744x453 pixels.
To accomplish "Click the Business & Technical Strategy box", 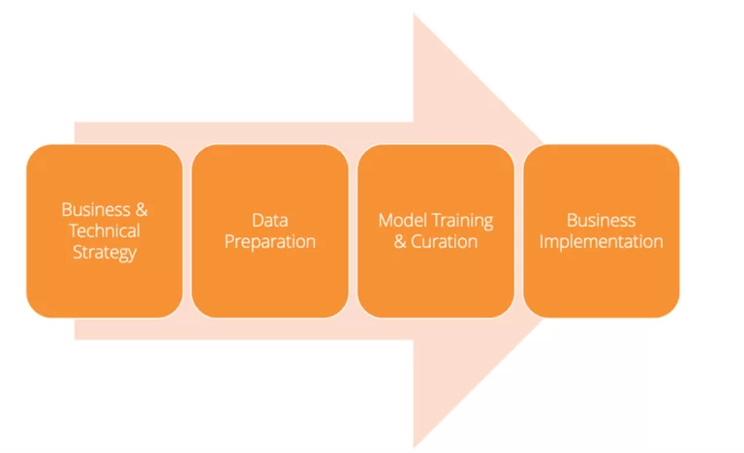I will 104,230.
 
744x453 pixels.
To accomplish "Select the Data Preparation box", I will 269,230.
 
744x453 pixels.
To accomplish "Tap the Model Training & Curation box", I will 435,230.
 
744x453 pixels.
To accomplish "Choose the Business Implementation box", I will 601,230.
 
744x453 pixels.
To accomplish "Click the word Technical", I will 104,231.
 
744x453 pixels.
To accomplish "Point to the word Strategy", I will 104,254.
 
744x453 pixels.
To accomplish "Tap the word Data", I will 269,221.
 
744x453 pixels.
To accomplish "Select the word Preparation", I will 269,242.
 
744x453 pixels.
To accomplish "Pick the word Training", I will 461,221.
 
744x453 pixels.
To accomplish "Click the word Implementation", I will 601,242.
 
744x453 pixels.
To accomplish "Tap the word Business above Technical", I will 95,209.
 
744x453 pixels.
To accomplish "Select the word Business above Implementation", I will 601,221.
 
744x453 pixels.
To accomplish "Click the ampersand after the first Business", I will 141,209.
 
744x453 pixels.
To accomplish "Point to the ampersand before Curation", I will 400,242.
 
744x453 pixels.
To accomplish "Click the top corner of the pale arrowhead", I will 415,15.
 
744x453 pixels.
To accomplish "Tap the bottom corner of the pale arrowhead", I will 415,446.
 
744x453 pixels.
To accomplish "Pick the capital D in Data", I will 257,221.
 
